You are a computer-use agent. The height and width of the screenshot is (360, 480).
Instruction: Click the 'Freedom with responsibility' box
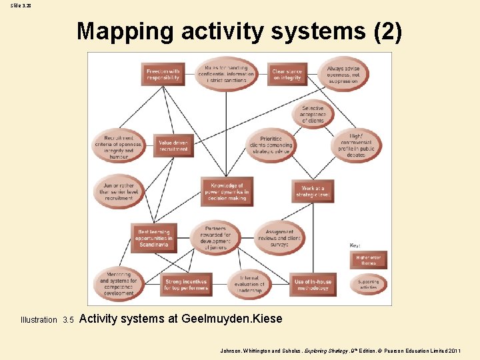click(x=163, y=73)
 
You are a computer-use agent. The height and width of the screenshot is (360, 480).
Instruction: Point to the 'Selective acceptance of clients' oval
click(x=313, y=115)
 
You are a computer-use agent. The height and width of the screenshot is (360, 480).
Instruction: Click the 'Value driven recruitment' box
click(x=173, y=145)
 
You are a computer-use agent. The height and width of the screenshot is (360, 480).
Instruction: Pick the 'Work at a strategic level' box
click(x=313, y=192)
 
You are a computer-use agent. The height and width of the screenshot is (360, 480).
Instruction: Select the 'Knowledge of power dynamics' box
click(x=227, y=191)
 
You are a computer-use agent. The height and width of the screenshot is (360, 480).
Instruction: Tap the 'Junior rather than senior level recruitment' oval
click(x=119, y=191)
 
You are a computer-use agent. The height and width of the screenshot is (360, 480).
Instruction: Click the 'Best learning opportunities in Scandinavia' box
click(x=155, y=238)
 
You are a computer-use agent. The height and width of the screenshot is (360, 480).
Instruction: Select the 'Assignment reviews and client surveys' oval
click(x=279, y=237)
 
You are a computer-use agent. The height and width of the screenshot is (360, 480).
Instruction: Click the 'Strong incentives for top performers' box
click(x=186, y=285)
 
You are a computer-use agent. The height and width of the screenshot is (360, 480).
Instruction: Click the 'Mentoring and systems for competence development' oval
click(x=118, y=283)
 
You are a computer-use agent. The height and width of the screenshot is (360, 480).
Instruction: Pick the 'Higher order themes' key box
click(x=368, y=260)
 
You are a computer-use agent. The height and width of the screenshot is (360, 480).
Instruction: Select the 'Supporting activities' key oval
click(x=368, y=284)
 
